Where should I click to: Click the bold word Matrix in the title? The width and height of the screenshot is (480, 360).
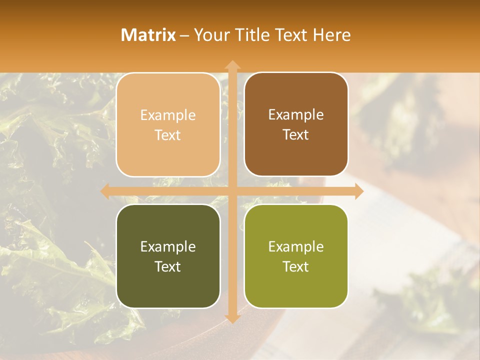point(148,35)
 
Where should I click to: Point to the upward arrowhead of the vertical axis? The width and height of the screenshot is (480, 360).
point(232,64)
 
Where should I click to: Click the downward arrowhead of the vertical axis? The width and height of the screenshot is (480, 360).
point(232,318)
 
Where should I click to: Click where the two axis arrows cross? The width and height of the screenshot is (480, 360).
point(232,190)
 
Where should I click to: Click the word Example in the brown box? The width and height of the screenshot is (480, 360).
point(296,114)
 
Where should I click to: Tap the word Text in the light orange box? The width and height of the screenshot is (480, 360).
point(168,135)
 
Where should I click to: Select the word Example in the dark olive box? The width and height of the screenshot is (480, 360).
point(168,246)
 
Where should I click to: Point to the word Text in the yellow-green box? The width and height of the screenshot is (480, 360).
point(296,266)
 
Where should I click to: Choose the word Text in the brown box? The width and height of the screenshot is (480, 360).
point(296,135)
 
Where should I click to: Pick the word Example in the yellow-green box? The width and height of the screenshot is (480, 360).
point(296,246)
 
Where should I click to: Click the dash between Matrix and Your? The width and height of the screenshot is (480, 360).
point(184,35)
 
